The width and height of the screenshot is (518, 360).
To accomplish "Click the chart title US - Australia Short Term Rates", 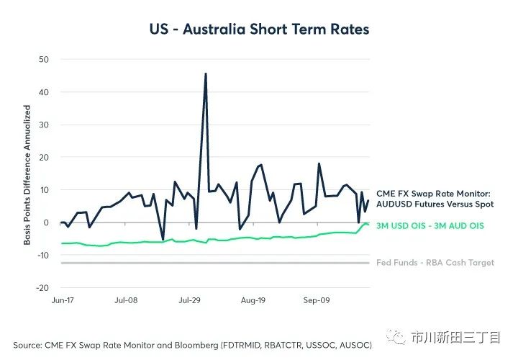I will click(x=259, y=30).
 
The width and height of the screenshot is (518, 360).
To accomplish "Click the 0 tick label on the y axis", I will click(x=45, y=222).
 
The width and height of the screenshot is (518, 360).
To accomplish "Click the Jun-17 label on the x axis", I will click(x=62, y=299).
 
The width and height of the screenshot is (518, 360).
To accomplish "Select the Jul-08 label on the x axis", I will click(x=126, y=299).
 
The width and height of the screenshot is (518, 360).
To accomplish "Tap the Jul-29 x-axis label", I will click(x=189, y=299).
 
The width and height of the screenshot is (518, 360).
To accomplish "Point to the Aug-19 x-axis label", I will click(x=253, y=299).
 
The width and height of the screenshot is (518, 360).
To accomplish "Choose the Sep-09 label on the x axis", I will click(x=317, y=299).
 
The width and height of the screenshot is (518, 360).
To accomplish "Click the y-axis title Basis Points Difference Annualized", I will click(x=27, y=175).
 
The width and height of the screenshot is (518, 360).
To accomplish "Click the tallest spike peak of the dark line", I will click(x=206, y=74).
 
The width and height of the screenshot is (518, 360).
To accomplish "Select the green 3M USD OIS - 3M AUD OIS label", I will click(x=430, y=226).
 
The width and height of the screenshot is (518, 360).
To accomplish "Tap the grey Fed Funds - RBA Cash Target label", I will click(x=435, y=263).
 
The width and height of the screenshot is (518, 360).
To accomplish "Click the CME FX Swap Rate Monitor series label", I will click(x=434, y=198).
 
